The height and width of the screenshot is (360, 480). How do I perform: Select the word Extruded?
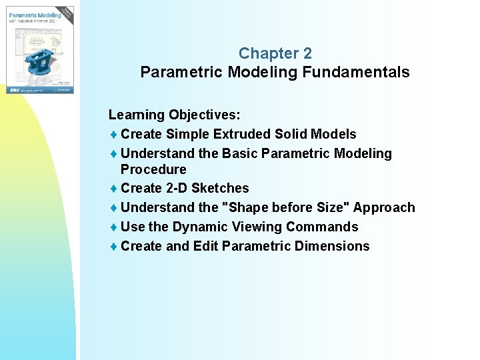[241, 135]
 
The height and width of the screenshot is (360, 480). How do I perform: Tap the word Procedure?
[153, 169]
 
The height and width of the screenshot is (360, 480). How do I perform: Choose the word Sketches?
[220, 189]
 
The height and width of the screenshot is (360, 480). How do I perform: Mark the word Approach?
[383, 208]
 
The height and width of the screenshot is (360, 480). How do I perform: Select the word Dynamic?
[202, 227]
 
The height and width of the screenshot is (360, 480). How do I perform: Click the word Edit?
[205, 247]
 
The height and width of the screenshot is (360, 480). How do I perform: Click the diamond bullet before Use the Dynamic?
[113, 227]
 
